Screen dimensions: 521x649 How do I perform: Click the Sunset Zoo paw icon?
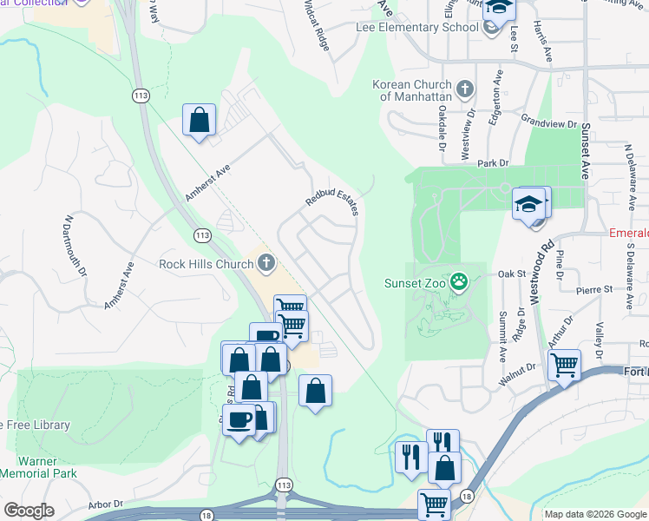(459, 281)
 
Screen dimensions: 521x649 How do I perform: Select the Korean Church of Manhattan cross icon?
(465, 89)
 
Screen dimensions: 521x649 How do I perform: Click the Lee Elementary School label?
(417, 27)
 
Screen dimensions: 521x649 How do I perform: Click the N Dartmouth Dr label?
(75, 247)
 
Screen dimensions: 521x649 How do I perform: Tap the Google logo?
(29, 511)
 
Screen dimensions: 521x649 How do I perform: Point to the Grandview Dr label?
(549, 123)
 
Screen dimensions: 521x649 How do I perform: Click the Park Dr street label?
(491, 162)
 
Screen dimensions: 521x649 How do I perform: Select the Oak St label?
(513, 274)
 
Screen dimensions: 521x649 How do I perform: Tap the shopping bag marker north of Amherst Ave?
(200, 120)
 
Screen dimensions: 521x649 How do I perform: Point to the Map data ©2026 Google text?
(595, 514)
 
